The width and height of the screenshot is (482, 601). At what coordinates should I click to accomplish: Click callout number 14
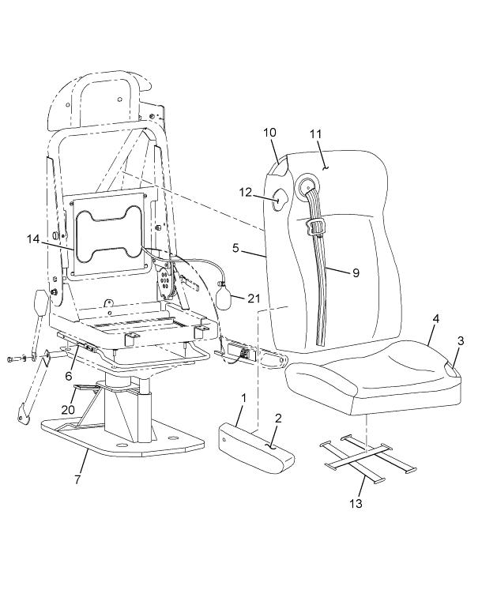pyautogui.click(x=32, y=239)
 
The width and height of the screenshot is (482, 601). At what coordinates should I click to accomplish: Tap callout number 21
pyautogui.click(x=254, y=299)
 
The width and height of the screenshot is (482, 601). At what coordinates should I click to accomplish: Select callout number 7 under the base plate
pyautogui.click(x=77, y=479)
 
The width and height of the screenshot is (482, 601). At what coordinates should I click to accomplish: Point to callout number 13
pyautogui.click(x=356, y=503)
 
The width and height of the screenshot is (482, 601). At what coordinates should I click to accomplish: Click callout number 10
pyautogui.click(x=269, y=133)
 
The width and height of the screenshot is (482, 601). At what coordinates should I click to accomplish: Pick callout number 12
pyautogui.click(x=246, y=192)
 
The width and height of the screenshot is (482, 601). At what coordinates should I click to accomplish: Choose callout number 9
pyautogui.click(x=356, y=273)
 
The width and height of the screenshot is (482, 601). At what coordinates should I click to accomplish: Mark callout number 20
pyautogui.click(x=68, y=410)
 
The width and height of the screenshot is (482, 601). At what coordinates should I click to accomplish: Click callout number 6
pyautogui.click(x=68, y=376)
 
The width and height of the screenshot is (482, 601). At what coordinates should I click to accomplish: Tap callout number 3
pyautogui.click(x=461, y=340)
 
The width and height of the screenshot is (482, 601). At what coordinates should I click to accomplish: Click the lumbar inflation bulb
pyautogui.click(x=223, y=295)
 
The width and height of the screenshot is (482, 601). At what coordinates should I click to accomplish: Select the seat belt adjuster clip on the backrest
pyautogui.click(x=314, y=229)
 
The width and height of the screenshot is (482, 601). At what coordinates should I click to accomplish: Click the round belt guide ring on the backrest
pyautogui.click(x=306, y=185)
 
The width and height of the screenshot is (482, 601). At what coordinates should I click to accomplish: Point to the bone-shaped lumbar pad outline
pyautogui.click(x=108, y=235)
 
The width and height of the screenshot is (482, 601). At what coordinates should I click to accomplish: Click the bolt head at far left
pyautogui.click(x=9, y=359)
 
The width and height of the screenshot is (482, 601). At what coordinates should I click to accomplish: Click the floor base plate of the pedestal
pyautogui.click(x=122, y=438)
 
